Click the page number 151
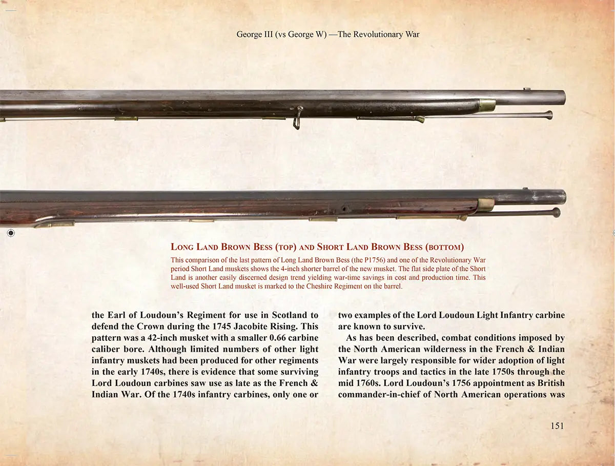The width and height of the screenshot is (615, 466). pyautogui.click(x=557, y=426)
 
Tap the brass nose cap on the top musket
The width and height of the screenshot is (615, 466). pyautogui.click(x=487, y=106)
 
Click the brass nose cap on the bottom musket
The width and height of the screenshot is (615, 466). pyautogui.click(x=485, y=206)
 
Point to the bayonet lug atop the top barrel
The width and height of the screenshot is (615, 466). pyautogui.click(x=527, y=90)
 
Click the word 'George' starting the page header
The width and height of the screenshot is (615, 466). pyautogui.click(x=248, y=34)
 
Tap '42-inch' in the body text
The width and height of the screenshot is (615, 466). pyautogui.click(x=173, y=338)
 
